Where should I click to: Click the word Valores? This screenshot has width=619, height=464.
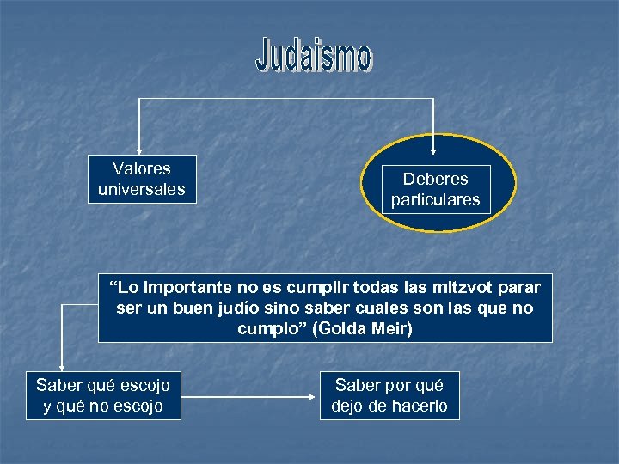coord(142,168)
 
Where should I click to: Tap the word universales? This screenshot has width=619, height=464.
coord(142,189)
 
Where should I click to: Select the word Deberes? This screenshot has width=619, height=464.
coord(436,179)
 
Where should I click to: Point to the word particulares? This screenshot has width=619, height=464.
coord(436,200)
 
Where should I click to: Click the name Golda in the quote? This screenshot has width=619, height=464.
coord(344,328)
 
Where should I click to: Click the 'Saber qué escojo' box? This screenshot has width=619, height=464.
coord(103,395)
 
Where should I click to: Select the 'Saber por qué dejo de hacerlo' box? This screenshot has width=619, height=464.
coord(389,395)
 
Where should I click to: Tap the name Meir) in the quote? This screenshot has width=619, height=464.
coord(394,328)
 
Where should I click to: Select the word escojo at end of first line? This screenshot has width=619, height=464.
coord(146,385)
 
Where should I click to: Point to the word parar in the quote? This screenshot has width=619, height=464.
coord(518,287)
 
